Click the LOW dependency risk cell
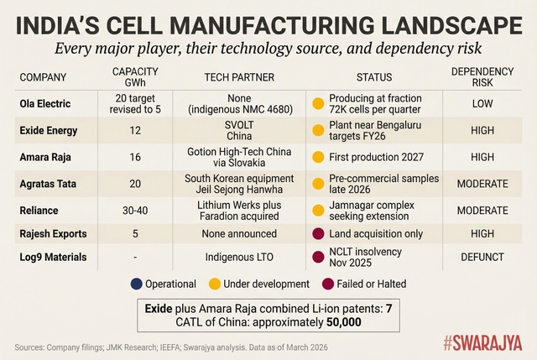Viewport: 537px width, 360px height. click(x=494, y=103)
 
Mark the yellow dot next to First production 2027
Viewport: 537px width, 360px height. click(x=317, y=156)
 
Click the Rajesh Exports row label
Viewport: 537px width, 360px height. click(x=55, y=234)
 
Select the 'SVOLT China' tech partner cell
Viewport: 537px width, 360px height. click(x=239, y=130)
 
